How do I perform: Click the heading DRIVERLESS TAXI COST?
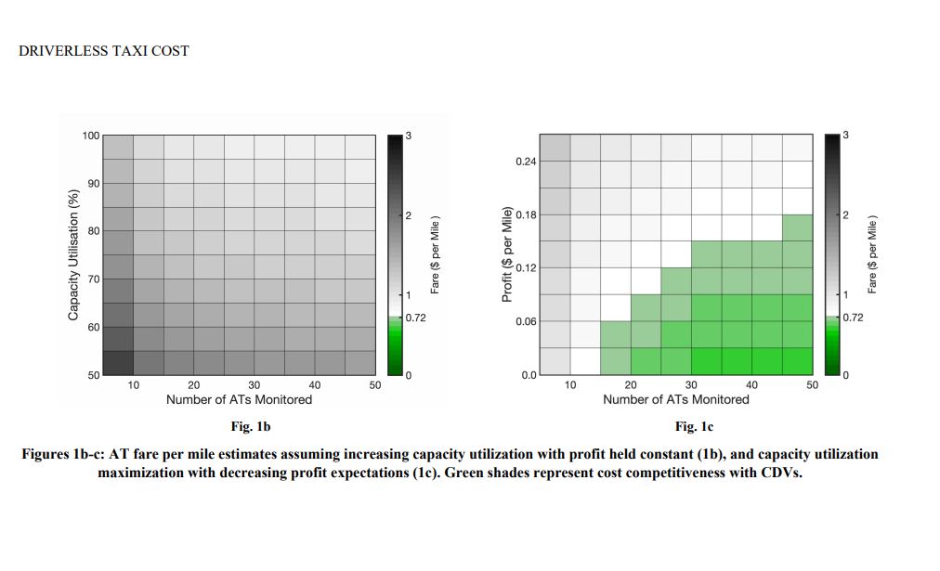tap(103, 51)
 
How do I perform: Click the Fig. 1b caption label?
tap(249, 427)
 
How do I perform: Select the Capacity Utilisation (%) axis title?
tap(73, 254)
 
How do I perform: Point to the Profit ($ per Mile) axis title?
tap(507, 254)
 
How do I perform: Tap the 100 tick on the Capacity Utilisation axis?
tap(90, 136)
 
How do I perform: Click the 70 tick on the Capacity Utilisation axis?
tap(92, 279)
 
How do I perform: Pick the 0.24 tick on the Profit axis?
tap(525, 162)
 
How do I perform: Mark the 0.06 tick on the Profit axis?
tap(525, 321)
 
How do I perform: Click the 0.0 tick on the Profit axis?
tap(528, 375)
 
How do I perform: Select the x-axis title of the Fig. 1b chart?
tap(239, 399)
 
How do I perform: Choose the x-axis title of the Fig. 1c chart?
tap(675, 399)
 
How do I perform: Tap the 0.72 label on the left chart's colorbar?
tap(415, 318)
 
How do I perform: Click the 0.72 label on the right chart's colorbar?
tap(853, 318)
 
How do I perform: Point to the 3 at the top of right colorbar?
tap(845, 136)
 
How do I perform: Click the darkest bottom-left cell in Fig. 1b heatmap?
tap(118, 363)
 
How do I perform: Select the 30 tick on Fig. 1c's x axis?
tap(691, 385)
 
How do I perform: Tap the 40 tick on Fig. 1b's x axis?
tap(315, 385)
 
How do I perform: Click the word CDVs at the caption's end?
tap(780, 471)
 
